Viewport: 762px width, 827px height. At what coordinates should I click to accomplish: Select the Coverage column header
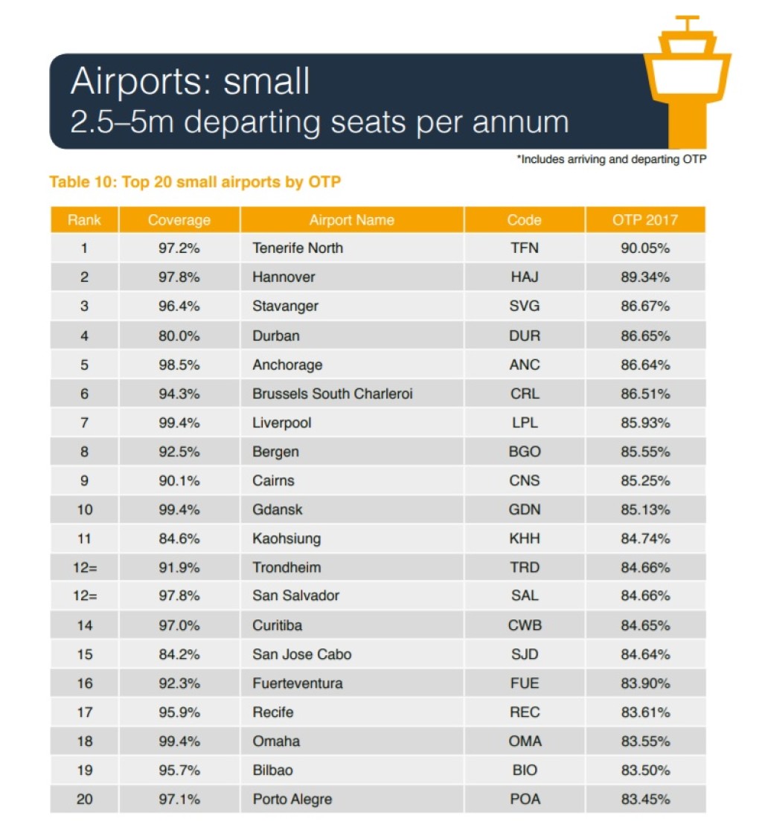click(x=179, y=220)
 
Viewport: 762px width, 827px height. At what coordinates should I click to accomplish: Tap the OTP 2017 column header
click(x=645, y=220)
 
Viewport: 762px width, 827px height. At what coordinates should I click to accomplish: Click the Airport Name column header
click(x=351, y=220)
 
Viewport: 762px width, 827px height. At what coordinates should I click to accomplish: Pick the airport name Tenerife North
click(x=298, y=248)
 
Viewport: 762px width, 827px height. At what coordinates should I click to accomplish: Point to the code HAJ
click(x=525, y=277)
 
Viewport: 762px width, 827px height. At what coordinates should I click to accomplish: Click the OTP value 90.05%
click(x=645, y=248)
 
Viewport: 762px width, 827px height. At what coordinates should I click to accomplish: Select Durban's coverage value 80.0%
click(x=179, y=336)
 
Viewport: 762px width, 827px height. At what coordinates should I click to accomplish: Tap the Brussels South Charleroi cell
click(x=332, y=394)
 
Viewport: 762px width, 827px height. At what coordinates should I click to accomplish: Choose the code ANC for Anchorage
click(x=525, y=365)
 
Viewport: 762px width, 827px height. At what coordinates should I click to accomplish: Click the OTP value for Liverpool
click(x=645, y=423)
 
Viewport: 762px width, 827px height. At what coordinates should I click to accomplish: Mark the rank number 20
click(x=84, y=799)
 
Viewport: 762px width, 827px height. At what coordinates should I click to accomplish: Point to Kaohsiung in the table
click(x=286, y=538)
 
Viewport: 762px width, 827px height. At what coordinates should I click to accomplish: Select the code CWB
click(x=525, y=625)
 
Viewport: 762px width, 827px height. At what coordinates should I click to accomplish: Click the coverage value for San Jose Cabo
click(x=179, y=654)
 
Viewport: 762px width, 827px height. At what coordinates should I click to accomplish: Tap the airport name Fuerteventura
click(x=298, y=683)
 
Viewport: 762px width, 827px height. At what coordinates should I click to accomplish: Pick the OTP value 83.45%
click(x=645, y=799)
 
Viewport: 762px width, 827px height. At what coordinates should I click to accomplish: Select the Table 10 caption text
click(x=195, y=181)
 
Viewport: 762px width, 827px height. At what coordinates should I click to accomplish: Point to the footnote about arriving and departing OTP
click(x=611, y=159)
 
